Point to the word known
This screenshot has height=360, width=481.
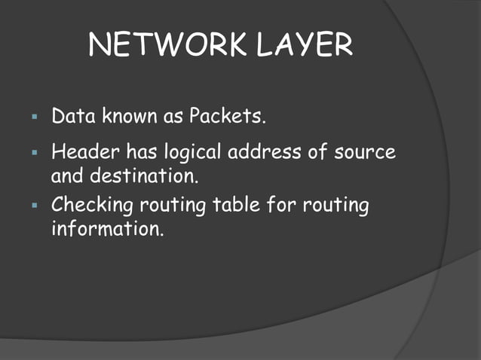coord(133,117)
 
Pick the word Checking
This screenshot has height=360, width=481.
coord(91,205)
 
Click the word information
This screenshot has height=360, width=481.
coord(106,229)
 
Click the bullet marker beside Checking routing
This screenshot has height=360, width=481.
coord(34,204)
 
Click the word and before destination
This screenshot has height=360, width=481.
coord(67,178)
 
